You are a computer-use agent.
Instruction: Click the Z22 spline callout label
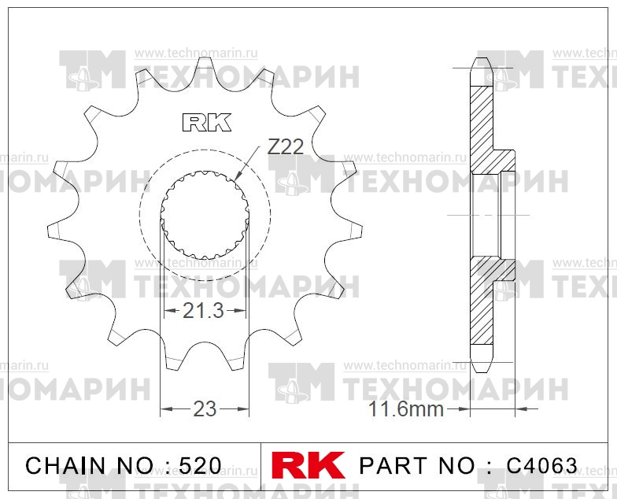[286, 146]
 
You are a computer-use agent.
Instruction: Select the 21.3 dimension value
[203, 311]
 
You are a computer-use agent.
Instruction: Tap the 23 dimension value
[205, 409]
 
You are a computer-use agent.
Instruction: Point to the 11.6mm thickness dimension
[406, 409]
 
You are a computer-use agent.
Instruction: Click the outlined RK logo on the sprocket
[206, 123]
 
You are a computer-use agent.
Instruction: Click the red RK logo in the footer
[308, 465]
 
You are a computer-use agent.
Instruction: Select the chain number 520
[200, 466]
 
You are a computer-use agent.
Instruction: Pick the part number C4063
[541, 466]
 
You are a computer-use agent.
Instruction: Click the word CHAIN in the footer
[66, 466]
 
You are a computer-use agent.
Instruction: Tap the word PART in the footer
[393, 466]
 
